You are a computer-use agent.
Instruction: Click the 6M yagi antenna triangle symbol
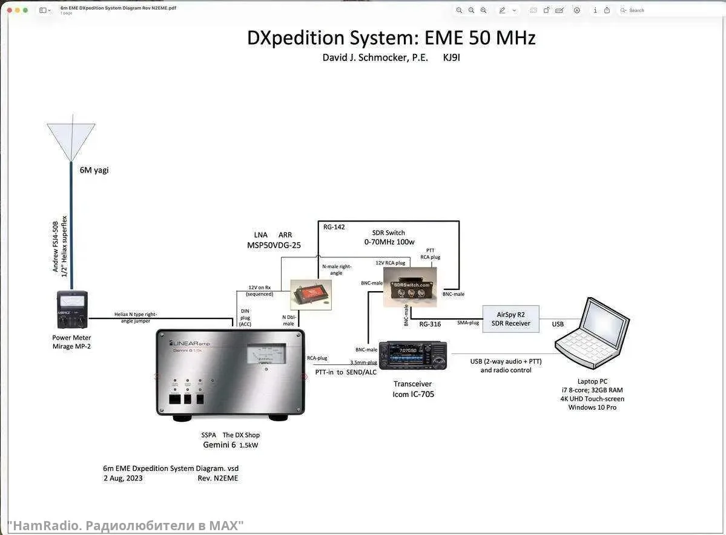71,139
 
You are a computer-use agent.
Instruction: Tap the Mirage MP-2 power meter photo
72,310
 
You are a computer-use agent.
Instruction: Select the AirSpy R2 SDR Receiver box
510,319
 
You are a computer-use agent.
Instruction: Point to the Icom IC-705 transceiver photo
413,355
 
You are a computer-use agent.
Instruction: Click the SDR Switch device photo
410,287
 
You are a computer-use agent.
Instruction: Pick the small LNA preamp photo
311,294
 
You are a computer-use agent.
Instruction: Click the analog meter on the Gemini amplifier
266,355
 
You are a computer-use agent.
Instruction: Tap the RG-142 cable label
334,227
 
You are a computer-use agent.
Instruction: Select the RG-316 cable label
430,324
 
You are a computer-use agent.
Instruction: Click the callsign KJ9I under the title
452,57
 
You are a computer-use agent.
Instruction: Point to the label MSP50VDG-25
274,245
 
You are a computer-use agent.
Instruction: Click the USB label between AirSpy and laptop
558,324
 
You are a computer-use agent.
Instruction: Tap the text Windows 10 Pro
592,407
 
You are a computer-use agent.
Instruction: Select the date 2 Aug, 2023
123,478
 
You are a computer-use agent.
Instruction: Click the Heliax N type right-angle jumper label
136,318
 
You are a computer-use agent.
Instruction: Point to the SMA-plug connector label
468,323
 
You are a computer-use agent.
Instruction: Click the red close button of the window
10,10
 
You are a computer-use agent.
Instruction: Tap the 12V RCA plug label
391,263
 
